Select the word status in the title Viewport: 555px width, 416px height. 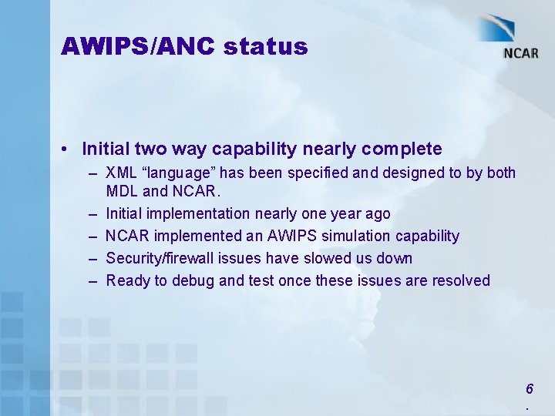[x=266, y=47]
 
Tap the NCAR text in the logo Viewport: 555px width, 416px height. [x=521, y=53]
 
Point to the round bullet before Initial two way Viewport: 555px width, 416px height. [x=69, y=149]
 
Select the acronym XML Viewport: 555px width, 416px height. [x=120, y=173]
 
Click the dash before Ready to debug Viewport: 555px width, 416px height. [x=92, y=280]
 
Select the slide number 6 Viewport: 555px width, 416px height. [x=528, y=389]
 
